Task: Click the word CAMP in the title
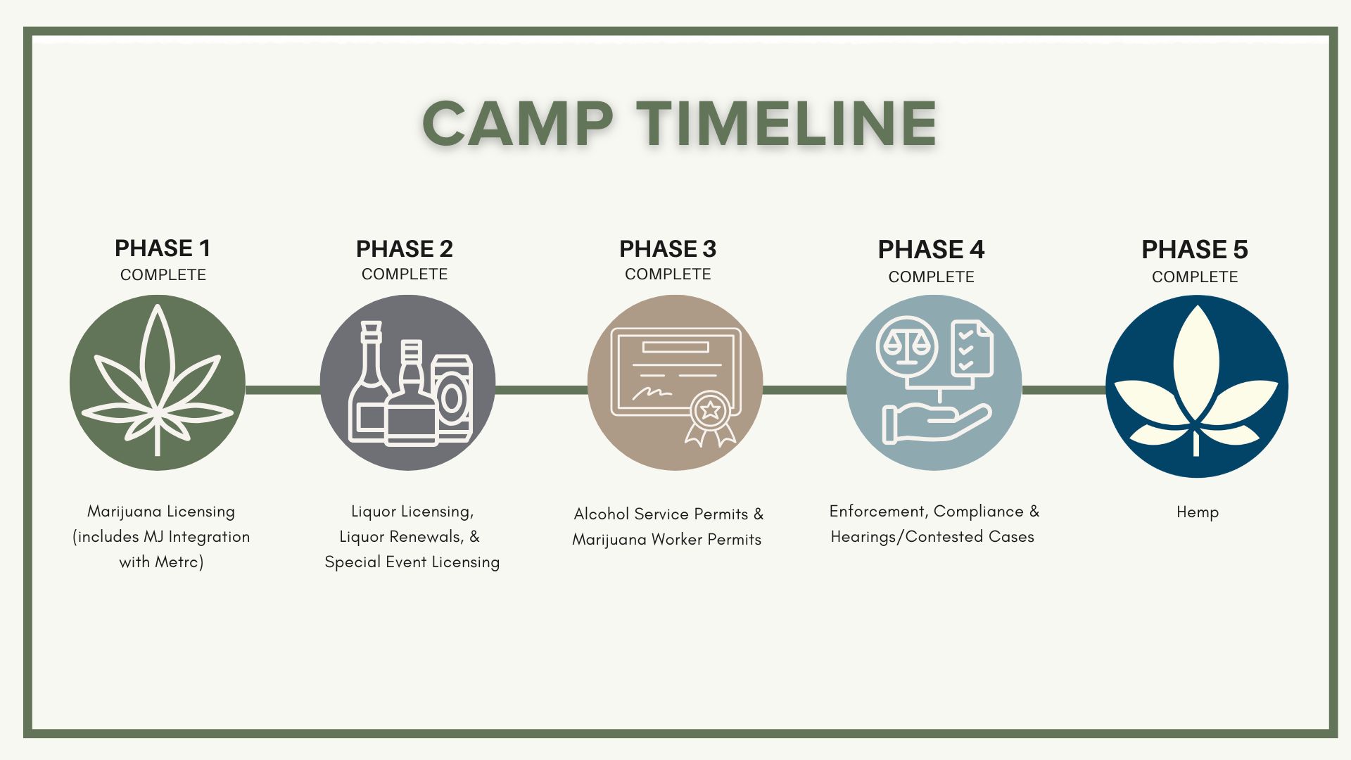[x=518, y=123]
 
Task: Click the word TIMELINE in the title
[x=787, y=123]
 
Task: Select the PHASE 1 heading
[x=163, y=248]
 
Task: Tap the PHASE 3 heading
[x=668, y=249]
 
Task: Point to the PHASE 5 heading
[x=1195, y=250]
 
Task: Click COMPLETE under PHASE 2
[x=405, y=274]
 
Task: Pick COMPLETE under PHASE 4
[x=932, y=277]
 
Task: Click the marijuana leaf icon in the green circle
[x=158, y=380]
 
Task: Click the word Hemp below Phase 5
[x=1198, y=512]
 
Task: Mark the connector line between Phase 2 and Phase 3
[x=541, y=389]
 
